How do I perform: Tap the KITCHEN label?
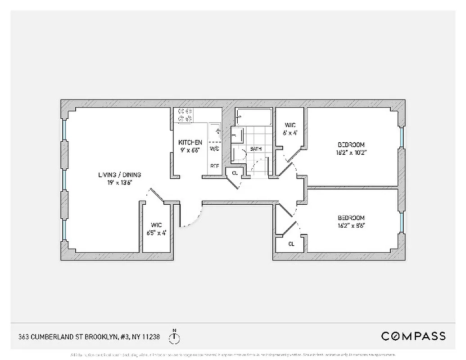tap(190, 142)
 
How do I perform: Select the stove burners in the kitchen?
tap(185, 115)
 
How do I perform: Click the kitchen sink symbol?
tap(217, 131)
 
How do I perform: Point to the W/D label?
tap(214, 148)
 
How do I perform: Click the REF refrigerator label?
tap(215, 166)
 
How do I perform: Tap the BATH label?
tap(256, 149)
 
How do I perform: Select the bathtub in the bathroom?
tap(254, 117)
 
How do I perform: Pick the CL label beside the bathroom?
tap(235, 173)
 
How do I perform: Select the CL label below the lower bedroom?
tap(291, 244)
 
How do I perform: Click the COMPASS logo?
tap(413, 336)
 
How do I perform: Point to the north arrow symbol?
tap(174, 336)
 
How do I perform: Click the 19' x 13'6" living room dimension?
tap(118, 182)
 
